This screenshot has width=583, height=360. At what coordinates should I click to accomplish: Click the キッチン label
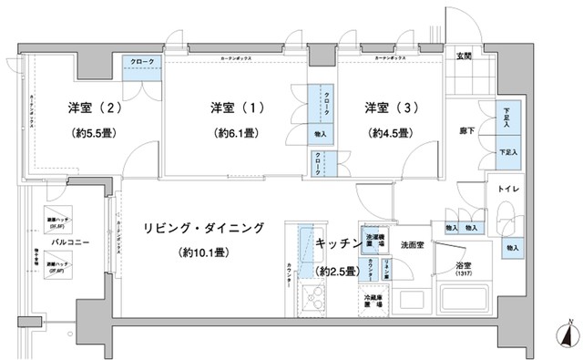[x=336, y=244]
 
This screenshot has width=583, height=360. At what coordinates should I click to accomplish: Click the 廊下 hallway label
[x=466, y=130]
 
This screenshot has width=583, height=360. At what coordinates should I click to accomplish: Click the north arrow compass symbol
[x=568, y=335]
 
